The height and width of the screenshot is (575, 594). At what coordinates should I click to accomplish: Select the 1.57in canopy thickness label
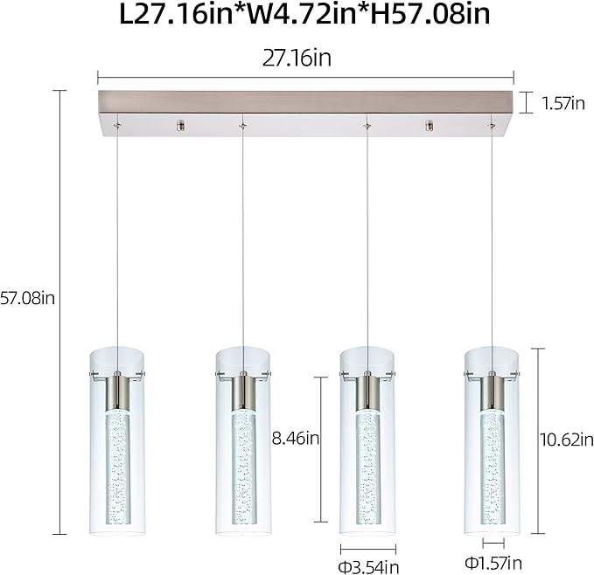563,103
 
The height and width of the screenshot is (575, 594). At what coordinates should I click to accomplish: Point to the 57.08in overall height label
28,299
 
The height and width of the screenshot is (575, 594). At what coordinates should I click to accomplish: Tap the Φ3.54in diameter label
368,565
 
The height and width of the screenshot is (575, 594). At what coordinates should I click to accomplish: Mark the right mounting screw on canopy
429,127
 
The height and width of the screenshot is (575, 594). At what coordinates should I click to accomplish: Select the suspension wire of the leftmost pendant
116,236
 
